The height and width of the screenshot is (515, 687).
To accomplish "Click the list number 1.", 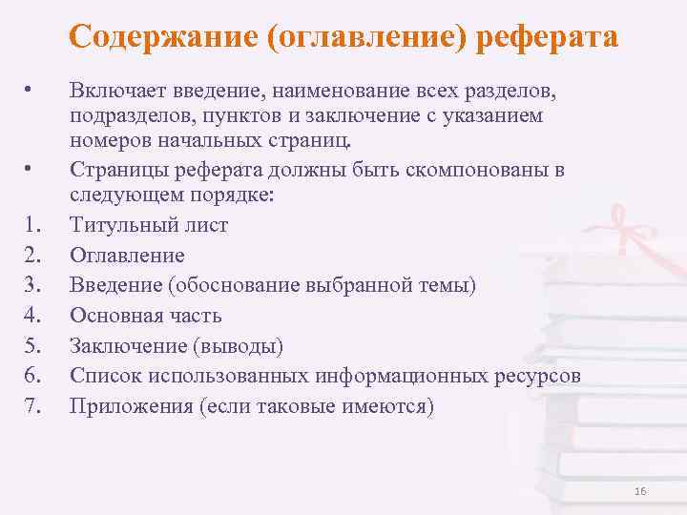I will tap(31, 226).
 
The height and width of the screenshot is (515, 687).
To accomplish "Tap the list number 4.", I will tap(31, 316).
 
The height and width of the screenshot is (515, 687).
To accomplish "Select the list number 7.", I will tap(31, 406).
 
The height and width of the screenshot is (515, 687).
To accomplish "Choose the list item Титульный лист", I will tap(148, 226).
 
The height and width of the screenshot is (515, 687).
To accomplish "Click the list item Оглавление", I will tap(127, 256).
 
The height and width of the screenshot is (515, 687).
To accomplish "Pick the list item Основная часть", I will tap(145, 316).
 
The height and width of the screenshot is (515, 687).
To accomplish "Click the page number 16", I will tap(639, 491).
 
